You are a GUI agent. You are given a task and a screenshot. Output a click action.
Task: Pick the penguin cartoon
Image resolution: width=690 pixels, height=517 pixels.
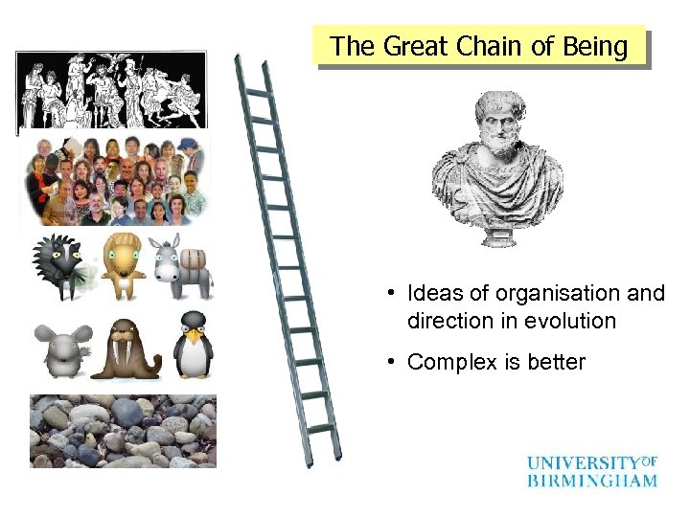193,345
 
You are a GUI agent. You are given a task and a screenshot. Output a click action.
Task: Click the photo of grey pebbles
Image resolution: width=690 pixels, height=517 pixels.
123,430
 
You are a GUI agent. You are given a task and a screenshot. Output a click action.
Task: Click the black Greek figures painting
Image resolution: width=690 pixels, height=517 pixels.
112,90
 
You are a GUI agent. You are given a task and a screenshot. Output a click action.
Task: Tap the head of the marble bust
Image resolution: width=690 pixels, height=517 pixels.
495,121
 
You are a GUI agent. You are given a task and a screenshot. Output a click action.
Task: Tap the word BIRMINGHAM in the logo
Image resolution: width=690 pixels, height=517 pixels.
591,480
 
